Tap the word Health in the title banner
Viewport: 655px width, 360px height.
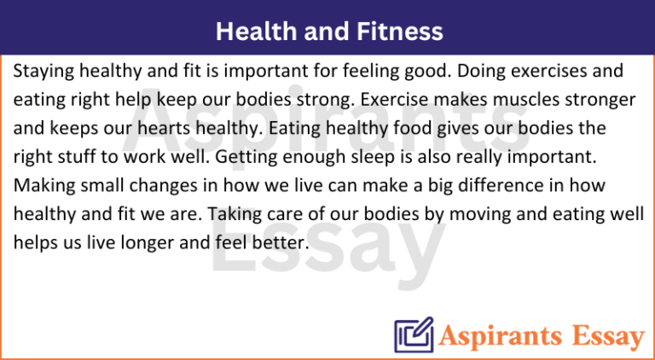point(251,32)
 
